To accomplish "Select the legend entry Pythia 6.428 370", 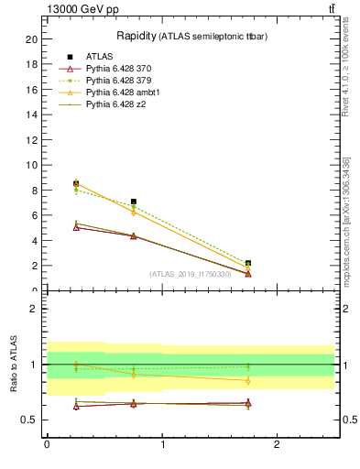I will [116, 70].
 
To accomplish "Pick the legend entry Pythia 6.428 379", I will [116, 82].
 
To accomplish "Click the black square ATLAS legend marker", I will [70, 58].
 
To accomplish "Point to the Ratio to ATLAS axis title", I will [13, 364].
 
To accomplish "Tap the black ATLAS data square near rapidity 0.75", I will [134, 202].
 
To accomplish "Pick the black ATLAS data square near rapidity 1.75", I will [248, 263].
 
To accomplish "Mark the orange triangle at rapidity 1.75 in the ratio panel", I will [248, 380].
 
